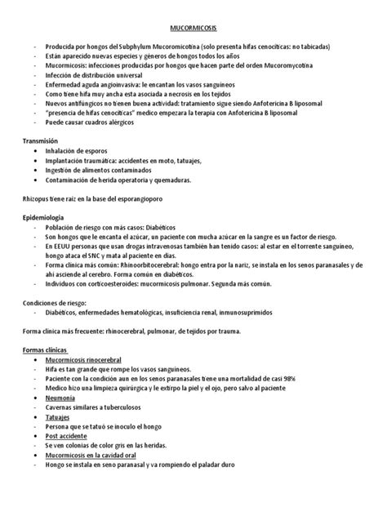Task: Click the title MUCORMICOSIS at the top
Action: tap(193, 27)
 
